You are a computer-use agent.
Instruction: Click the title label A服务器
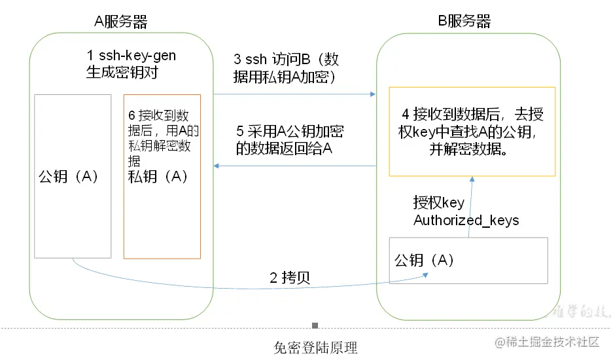[121, 21]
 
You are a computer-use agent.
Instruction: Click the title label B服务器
[464, 21]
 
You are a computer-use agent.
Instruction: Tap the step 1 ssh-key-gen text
[131, 64]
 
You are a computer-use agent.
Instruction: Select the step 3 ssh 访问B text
[286, 68]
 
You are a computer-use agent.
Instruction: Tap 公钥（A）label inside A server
[69, 177]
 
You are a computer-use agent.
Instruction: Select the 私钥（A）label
[158, 177]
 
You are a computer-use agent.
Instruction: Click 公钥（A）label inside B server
[425, 260]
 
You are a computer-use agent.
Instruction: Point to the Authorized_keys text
[466, 221]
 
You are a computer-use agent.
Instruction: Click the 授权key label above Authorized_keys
[438, 202]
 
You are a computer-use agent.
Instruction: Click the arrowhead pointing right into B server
[373, 94]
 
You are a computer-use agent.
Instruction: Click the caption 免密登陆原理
[315, 347]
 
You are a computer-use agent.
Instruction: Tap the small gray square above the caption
[315, 325]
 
